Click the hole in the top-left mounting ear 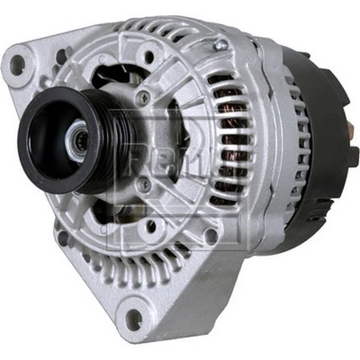click(x=17, y=64)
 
